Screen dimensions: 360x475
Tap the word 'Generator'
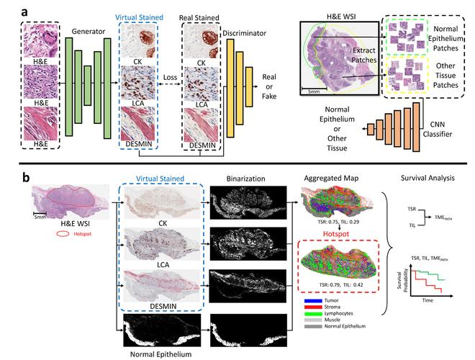click(86, 32)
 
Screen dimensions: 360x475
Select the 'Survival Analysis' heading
click(425, 182)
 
